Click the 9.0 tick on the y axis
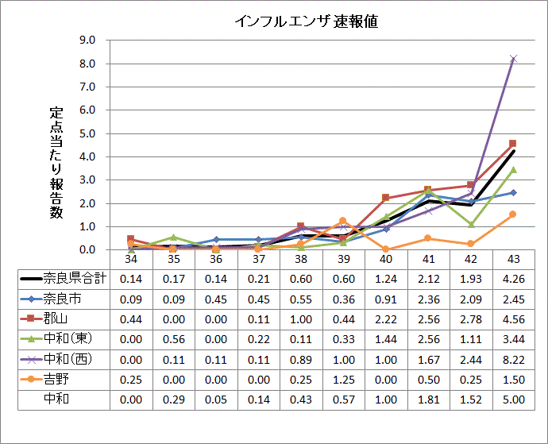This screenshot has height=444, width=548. [x=87, y=40]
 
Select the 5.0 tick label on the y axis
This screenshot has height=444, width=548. [x=87, y=133]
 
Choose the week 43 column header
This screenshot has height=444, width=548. [x=513, y=259]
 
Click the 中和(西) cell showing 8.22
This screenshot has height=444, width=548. [x=513, y=359]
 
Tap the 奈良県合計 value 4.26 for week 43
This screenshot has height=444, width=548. [x=513, y=279]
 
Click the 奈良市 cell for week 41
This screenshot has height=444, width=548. [x=428, y=299]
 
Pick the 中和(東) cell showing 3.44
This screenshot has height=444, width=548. [x=513, y=339]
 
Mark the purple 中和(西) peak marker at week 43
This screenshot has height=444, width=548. [x=513, y=58]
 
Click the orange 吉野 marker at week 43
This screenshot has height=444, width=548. [x=513, y=214]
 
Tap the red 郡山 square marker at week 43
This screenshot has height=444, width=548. [x=513, y=144]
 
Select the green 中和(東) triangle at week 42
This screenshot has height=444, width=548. [x=471, y=224]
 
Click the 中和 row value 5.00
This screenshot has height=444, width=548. [x=513, y=399]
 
